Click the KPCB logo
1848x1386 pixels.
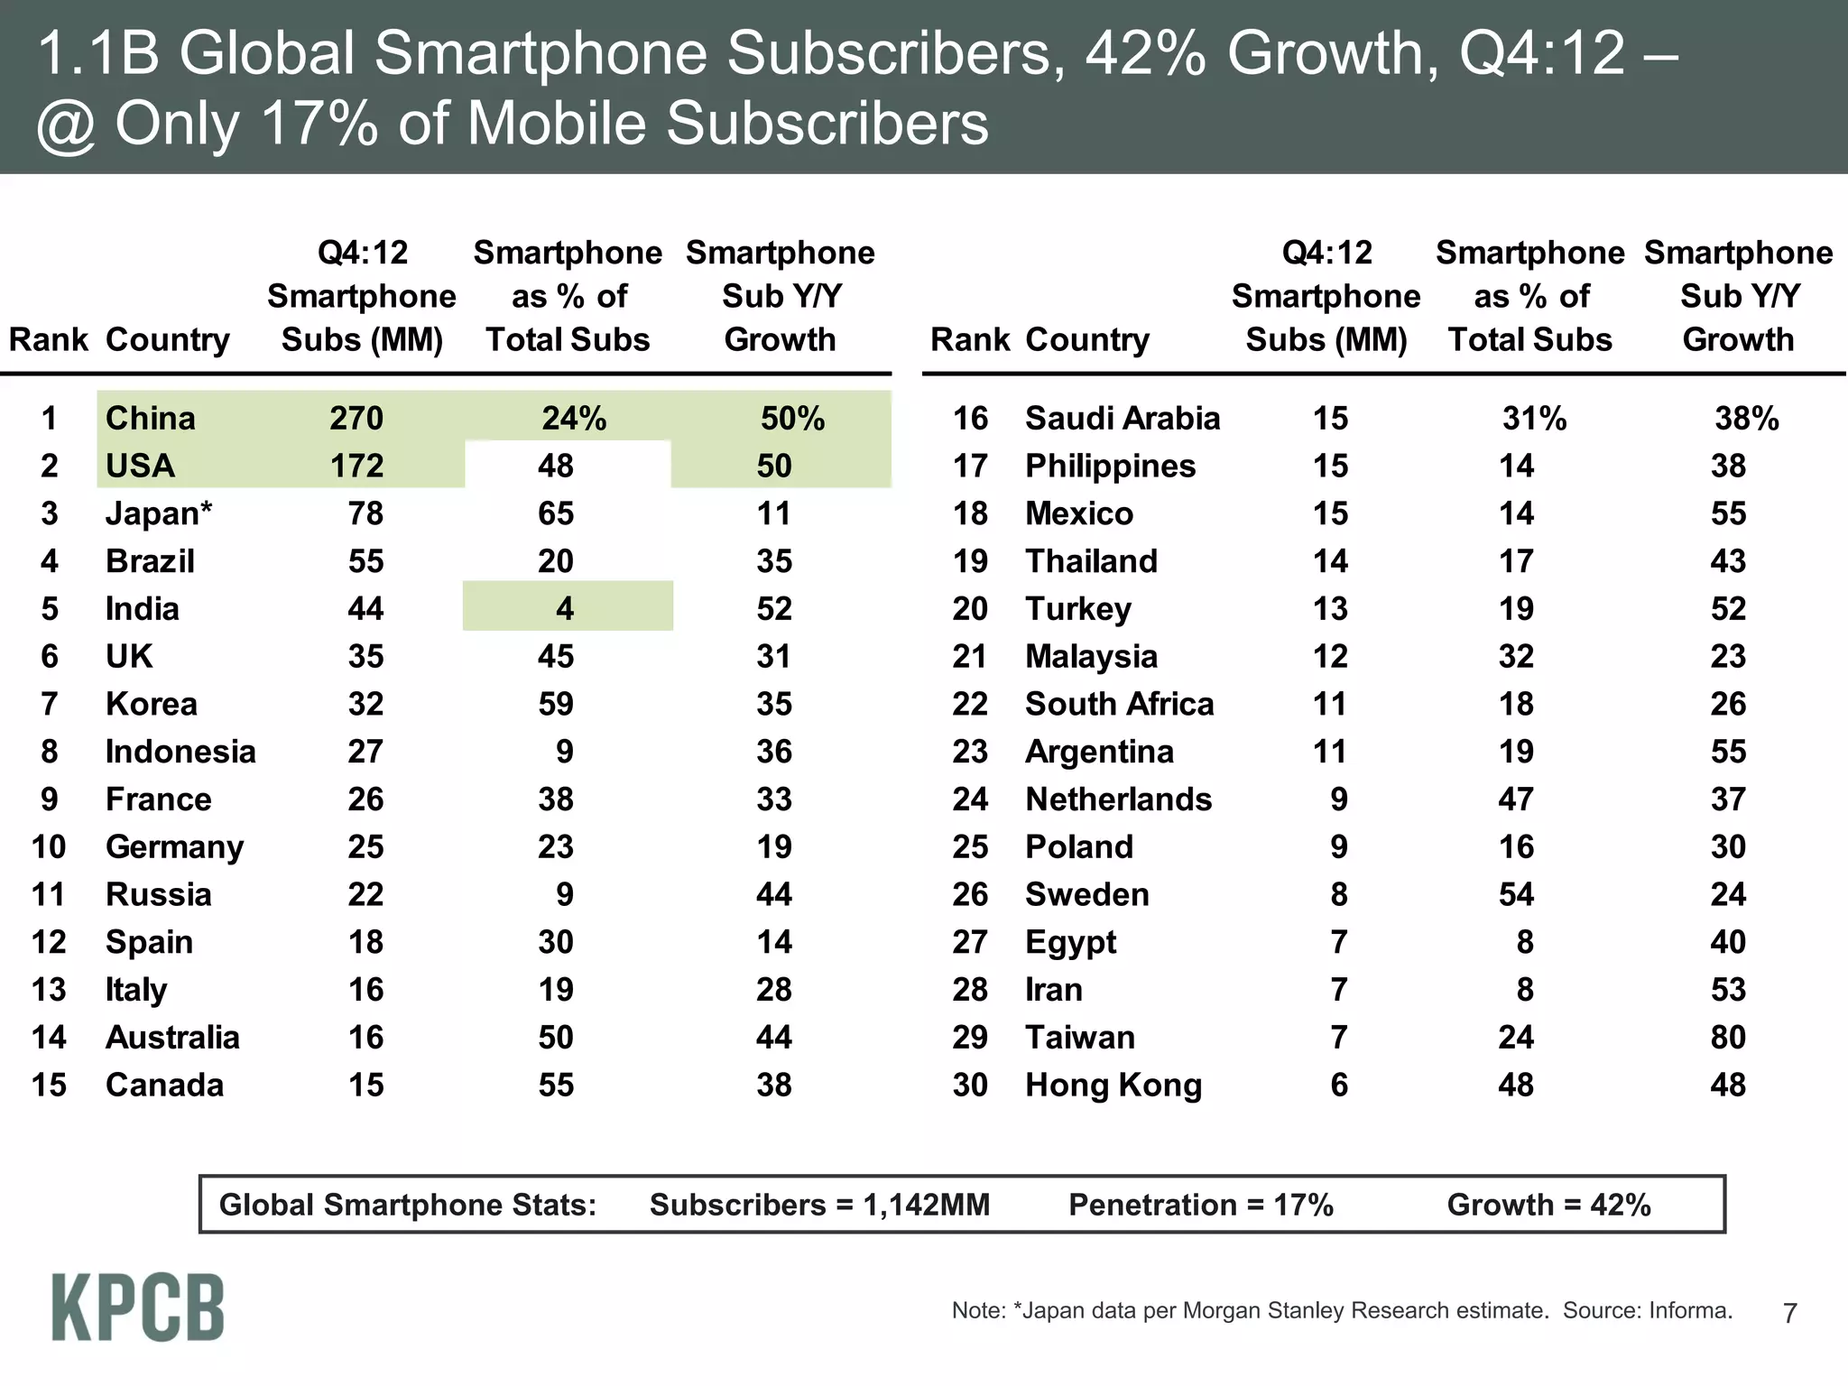[137, 1307]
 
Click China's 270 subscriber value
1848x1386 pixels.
[356, 419]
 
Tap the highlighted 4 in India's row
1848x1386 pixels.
[565, 609]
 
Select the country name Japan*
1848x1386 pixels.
[159, 513]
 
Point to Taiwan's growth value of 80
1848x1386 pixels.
[1727, 1038]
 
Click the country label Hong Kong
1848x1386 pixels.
[1113, 1086]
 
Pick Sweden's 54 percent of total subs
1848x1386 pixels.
[1516, 895]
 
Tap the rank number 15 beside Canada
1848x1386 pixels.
[49, 1086]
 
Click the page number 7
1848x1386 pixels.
[1790, 1313]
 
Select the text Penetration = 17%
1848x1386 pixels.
[1200, 1206]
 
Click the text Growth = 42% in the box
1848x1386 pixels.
[1548, 1206]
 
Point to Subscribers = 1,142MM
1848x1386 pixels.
[819, 1206]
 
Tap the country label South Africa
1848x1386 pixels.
[1119, 705]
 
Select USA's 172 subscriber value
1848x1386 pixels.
[356, 467]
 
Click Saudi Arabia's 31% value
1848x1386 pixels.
[1534, 419]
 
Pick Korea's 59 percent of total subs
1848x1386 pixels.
[556, 705]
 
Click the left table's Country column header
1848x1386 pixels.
[168, 340]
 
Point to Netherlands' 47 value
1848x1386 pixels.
[1516, 799]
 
